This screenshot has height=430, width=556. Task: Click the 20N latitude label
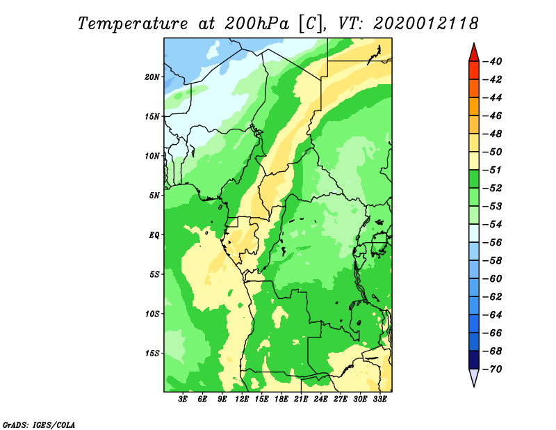pyautogui.click(x=152, y=77)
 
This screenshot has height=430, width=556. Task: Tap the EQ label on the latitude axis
pyautogui.click(x=154, y=235)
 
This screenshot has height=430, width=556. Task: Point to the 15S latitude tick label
pyautogui.click(x=152, y=353)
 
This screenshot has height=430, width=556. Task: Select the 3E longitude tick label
pyautogui.click(x=183, y=399)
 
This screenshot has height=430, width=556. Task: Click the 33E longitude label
pyautogui.click(x=379, y=399)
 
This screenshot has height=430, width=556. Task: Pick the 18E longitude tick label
pyautogui.click(x=281, y=399)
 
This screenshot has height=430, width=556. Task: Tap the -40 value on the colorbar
pyautogui.click(x=492, y=61)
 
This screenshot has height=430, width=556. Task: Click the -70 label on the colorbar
pyautogui.click(x=492, y=369)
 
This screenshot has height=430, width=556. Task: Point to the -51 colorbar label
pyautogui.click(x=492, y=170)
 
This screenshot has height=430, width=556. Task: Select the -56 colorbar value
pyautogui.click(x=492, y=243)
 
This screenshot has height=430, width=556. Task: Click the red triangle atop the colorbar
pyautogui.click(x=474, y=53)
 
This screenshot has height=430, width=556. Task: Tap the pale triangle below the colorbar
pyautogui.click(x=474, y=377)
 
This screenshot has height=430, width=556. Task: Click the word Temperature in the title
pyautogui.click(x=133, y=24)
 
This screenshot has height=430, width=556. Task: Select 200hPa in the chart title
pyautogui.click(x=256, y=24)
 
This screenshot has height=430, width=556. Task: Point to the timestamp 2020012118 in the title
pyautogui.click(x=426, y=24)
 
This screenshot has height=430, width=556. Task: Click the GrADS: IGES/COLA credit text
pyautogui.click(x=39, y=424)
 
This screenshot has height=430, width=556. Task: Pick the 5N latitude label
pyautogui.click(x=154, y=196)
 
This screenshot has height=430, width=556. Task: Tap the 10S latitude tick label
pyautogui.click(x=152, y=314)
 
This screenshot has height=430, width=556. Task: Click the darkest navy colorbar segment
pyautogui.click(x=474, y=360)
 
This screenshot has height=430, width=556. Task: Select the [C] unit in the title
pyautogui.click(x=311, y=24)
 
